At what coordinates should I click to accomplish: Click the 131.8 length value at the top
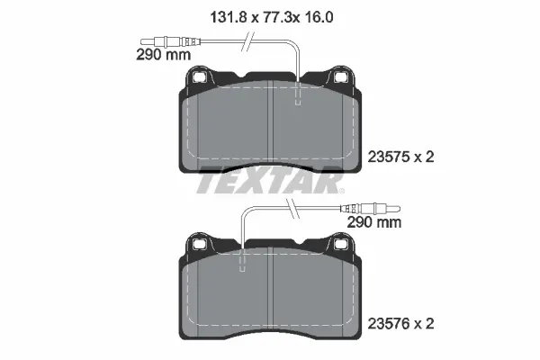click(213, 15)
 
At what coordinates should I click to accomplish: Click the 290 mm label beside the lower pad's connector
click(374, 220)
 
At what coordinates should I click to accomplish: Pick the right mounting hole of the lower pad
click(341, 243)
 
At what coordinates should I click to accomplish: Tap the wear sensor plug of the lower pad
click(373, 205)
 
